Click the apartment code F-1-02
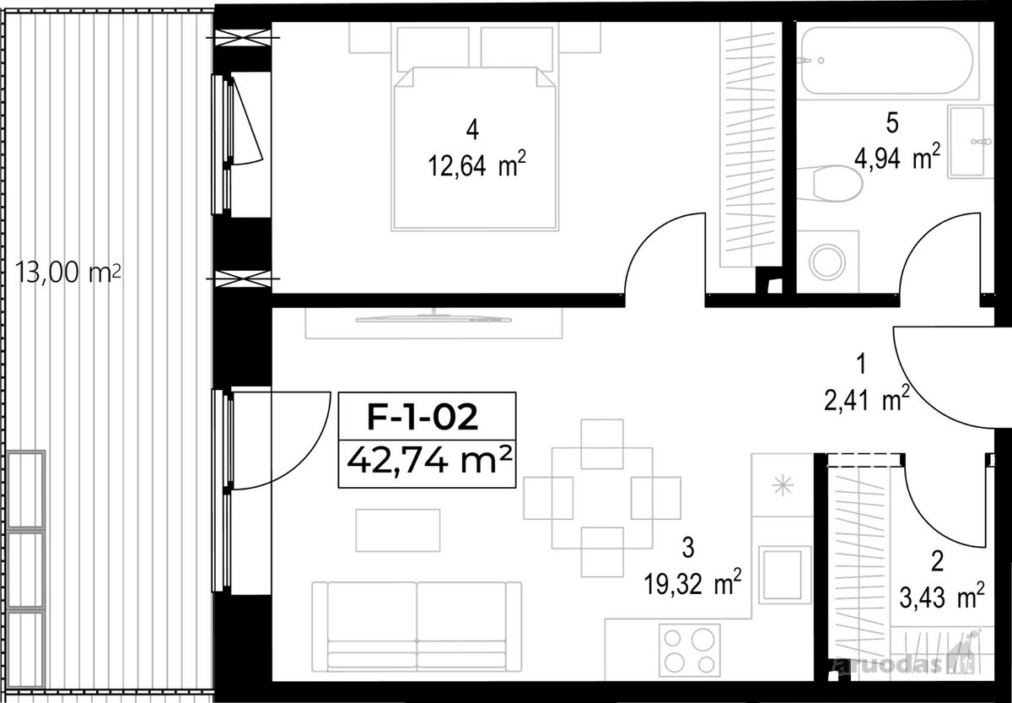[423, 417]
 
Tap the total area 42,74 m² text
[429, 460]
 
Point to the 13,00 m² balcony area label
[68, 273]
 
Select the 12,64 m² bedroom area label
[476, 165]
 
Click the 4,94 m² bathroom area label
[897, 157]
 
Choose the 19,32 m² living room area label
[692, 583]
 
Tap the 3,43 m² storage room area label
[942, 597]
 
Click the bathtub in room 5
[887, 60]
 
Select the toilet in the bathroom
[832, 183]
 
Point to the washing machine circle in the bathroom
[826, 262]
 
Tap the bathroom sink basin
[967, 142]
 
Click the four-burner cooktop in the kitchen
[690, 651]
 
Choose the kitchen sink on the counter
[785, 575]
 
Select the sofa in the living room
[417, 626]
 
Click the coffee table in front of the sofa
[397, 530]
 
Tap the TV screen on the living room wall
[433, 319]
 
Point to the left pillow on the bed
[433, 49]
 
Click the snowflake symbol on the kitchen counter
[783, 485]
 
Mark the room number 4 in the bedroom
[472, 130]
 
